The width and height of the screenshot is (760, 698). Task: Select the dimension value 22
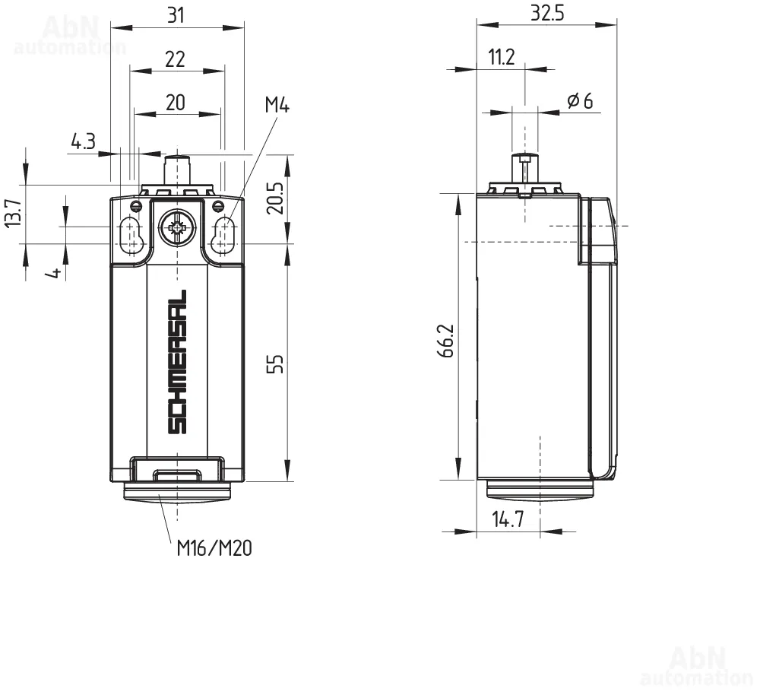[175, 59]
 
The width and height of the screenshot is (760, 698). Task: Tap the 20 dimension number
[176, 103]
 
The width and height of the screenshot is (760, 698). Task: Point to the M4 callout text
[277, 104]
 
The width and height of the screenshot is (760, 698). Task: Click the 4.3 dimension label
[84, 141]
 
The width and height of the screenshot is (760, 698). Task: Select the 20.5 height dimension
[275, 198]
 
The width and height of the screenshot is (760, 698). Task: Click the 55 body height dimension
[275, 363]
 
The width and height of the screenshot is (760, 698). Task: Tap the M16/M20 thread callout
[214, 548]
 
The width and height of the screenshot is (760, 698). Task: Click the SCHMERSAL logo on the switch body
[177, 362]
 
